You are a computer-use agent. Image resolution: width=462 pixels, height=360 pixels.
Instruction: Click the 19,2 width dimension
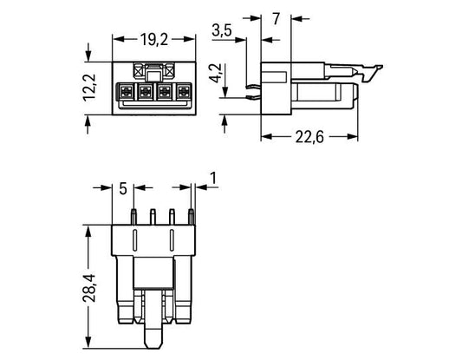click(153, 40)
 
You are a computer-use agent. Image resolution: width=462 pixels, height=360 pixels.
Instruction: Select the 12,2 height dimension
click(89, 88)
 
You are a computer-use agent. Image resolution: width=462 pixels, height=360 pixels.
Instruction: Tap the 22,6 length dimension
click(309, 137)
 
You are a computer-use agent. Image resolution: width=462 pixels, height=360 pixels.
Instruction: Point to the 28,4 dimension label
click(89, 288)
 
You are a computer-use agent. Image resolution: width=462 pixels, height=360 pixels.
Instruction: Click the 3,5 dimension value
click(222, 30)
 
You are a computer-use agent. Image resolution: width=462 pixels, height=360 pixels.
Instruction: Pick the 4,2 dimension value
click(216, 73)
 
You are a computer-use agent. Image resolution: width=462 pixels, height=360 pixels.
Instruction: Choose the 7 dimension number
click(276, 19)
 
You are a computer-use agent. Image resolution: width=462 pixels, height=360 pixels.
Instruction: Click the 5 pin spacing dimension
click(123, 188)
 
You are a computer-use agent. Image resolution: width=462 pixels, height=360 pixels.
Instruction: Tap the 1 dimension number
click(212, 178)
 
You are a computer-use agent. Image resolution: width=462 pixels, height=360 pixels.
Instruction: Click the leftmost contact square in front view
click(126, 92)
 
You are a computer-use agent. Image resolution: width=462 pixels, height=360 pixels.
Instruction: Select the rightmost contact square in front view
click(184, 92)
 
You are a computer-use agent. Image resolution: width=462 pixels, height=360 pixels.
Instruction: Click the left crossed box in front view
click(138, 71)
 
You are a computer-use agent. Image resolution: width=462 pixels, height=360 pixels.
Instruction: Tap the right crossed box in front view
click(170, 71)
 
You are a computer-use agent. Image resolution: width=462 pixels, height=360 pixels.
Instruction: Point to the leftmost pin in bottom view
click(133, 217)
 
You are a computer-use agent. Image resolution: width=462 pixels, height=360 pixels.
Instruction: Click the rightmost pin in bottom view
click(191, 217)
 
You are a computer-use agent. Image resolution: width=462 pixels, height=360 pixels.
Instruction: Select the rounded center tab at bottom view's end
click(153, 335)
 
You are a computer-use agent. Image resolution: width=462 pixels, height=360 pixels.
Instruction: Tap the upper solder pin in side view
click(253, 87)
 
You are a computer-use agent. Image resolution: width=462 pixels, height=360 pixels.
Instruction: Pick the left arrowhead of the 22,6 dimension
click(266, 137)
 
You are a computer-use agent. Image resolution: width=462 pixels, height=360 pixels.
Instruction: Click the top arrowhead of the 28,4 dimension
click(88, 231)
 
